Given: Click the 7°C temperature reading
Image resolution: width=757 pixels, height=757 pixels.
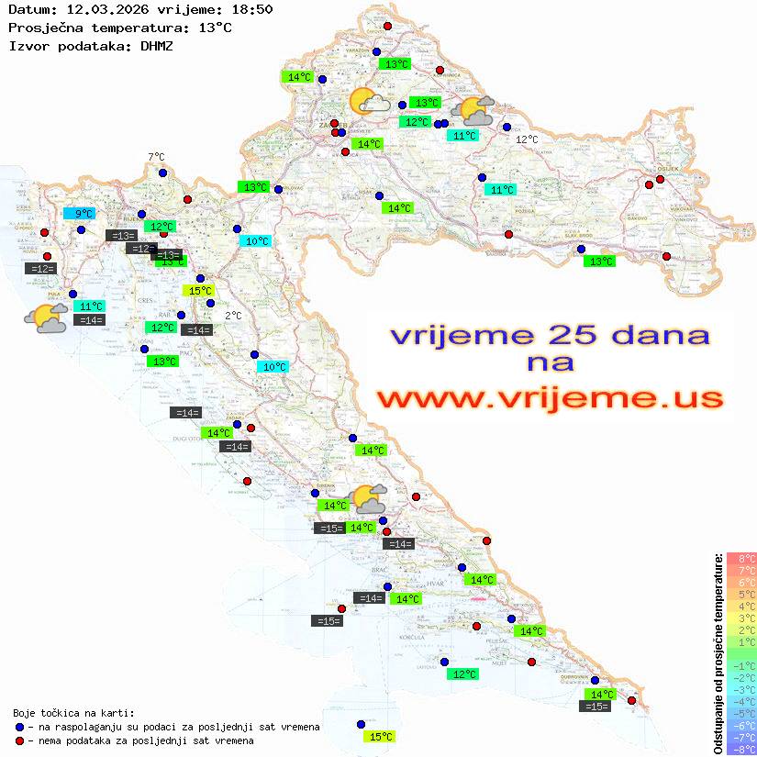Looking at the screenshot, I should point(156,158).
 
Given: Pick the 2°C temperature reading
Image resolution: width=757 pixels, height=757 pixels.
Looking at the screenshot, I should point(233,316).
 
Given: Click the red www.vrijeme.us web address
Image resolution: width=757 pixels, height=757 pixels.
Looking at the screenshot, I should point(550,398).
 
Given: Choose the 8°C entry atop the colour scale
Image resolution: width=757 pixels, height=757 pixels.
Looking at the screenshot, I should point(741,559).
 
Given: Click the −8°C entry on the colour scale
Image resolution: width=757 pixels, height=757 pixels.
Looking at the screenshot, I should point(741,749).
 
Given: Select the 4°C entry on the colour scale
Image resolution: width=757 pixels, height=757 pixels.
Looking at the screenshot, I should point(741,607).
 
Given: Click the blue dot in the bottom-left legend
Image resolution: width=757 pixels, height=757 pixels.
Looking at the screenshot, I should point(20,727).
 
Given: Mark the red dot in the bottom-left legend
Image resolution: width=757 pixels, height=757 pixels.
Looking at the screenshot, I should point(20,740).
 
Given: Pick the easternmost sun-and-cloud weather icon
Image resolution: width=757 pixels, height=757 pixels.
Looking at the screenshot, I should point(478,111).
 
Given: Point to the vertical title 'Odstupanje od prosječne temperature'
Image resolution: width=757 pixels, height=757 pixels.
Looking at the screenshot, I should point(718,653).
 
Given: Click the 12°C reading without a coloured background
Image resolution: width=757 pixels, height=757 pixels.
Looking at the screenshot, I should point(527,139).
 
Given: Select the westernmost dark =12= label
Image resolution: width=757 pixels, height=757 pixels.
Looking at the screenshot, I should point(41,269).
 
